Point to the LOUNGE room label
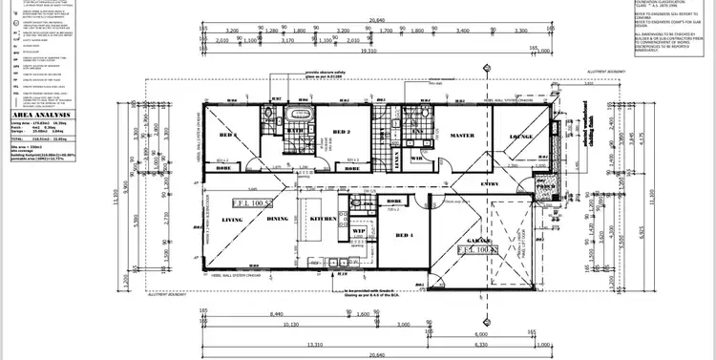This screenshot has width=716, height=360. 523,138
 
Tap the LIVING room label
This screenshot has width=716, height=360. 233,220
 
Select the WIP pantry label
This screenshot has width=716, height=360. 361,230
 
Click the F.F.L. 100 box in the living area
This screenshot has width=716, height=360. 255,203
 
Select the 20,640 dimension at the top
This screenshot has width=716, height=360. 379,19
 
